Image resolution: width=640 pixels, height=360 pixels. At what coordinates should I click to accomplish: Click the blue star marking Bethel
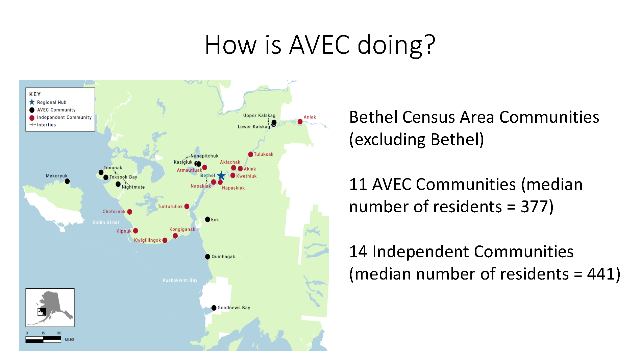221,175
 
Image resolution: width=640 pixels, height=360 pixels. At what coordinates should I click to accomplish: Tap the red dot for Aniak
300,122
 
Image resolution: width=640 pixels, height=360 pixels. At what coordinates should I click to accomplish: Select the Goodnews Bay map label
234,308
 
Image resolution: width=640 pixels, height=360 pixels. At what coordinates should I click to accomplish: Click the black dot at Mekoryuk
67,181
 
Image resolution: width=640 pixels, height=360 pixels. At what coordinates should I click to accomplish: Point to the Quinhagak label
223,257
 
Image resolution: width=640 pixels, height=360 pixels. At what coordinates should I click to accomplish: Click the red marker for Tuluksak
251,154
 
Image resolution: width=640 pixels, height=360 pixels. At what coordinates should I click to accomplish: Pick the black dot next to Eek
207,219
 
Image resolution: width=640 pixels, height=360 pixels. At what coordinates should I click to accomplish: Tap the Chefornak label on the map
114,212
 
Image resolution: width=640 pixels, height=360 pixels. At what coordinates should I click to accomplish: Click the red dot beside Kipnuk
136,231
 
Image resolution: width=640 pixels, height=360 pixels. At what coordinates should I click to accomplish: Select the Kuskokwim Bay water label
180,280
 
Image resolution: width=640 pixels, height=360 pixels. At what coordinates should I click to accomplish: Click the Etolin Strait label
106,222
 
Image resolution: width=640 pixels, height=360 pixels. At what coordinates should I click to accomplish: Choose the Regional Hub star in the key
32,102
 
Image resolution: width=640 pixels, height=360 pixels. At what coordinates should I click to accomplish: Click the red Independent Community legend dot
32,118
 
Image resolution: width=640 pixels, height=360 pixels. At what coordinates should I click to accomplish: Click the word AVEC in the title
320,45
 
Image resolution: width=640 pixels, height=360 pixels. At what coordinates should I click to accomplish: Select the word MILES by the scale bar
70,340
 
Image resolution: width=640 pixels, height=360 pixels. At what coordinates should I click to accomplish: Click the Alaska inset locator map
50,308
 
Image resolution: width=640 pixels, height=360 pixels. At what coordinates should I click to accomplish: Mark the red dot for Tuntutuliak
187,207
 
